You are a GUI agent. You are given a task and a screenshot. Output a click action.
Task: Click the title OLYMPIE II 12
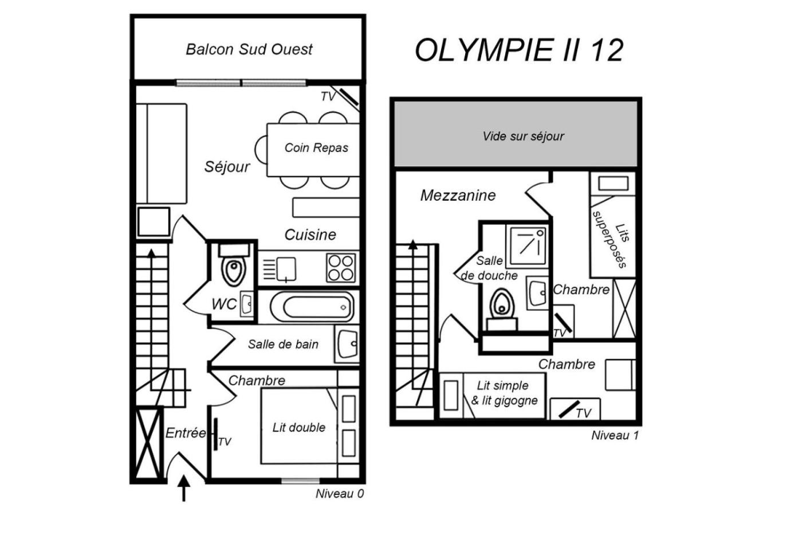(518, 50)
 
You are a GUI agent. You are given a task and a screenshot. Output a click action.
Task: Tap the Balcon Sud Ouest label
(249, 49)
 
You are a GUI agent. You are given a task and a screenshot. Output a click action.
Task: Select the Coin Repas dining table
(313, 150)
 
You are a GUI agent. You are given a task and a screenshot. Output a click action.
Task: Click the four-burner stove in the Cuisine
(340, 268)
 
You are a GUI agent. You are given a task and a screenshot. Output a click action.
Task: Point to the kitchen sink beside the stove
(286, 268)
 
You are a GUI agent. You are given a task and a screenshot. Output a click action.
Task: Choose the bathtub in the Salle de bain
(312, 307)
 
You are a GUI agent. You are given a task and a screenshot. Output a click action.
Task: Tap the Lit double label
(298, 427)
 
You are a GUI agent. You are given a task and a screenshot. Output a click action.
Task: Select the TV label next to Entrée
(225, 442)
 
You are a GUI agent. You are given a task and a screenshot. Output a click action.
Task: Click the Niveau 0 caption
(340, 494)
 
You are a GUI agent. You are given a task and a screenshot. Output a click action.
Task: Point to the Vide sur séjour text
(523, 136)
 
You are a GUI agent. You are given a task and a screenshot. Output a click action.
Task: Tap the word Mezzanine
(458, 196)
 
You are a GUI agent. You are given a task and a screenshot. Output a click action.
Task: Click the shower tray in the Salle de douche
(528, 243)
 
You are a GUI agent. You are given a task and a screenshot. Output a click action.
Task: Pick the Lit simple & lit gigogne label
(504, 393)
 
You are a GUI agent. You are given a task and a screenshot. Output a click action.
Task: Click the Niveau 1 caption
(615, 435)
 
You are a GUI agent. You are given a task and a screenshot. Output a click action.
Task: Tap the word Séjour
(227, 167)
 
